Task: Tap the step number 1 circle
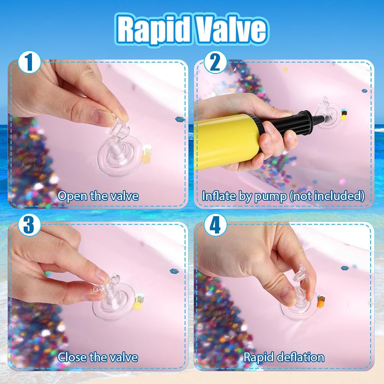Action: (x=30, y=62)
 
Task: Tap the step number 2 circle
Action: (x=215, y=62)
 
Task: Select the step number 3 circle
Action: (x=29, y=224)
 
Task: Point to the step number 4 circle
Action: (x=215, y=224)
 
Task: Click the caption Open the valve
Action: (x=98, y=196)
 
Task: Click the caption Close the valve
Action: (x=98, y=357)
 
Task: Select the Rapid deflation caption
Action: (x=284, y=357)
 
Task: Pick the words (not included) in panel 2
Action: (x=327, y=196)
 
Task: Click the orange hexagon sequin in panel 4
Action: (x=320, y=303)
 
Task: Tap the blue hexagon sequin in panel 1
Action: (x=180, y=119)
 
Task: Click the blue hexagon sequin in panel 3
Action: (x=174, y=271)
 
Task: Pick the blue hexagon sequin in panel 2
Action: (x=365, y=91)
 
